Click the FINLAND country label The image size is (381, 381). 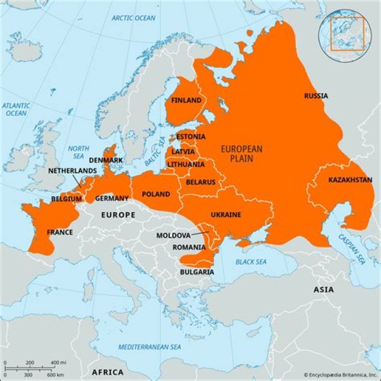pos(186,101)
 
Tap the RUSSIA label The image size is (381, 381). pos(315,96)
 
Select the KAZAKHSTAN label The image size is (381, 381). pos(350,180)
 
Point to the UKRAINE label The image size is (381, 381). pos(226,215)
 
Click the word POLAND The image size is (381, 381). pos(156,194)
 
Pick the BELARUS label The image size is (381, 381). pos(201,182)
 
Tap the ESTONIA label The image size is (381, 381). pos(190,137)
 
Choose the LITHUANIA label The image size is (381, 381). pos(186,165)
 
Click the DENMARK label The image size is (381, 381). pos(106,160)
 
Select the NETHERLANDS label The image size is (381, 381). pos(72,171)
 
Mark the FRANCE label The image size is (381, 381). pos(60,232)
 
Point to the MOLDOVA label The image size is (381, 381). pos(173,235)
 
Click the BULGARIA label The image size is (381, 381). pos(197,272)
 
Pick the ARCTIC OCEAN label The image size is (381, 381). pos(133,18)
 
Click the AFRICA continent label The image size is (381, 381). pos(107,372)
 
